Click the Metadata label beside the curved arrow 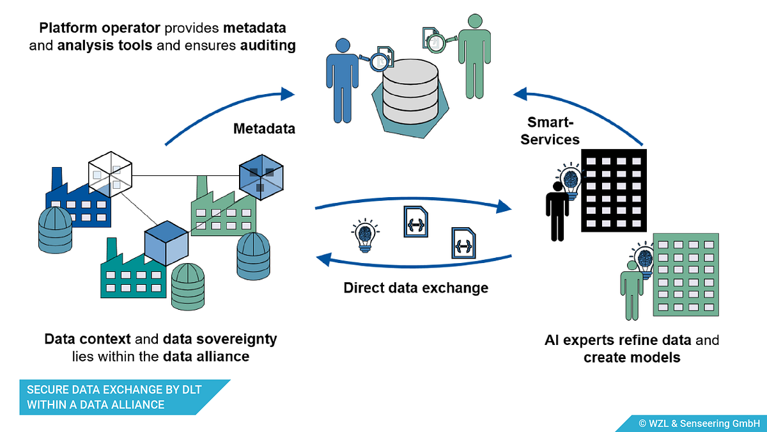(264, 129)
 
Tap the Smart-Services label (550, 131)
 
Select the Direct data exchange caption (415, 287)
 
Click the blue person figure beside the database (342, 81)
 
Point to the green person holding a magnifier (474, 56)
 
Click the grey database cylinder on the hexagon (410, 92)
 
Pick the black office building (614, 190)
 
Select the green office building (686, 275)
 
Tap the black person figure (557, 211)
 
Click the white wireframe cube (110, 174)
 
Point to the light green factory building (223, 209)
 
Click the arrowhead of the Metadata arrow (288, 94)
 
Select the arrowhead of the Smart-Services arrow (520, 94)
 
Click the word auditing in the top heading (268, 45)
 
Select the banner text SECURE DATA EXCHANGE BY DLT (114, 390)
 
